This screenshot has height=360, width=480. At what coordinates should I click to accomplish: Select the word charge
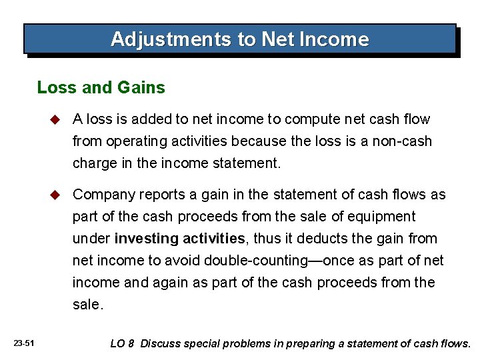pos(93,163)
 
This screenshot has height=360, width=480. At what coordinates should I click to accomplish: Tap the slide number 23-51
pos(23,343)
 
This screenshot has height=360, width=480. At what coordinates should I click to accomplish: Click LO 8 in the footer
pos(122,344)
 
